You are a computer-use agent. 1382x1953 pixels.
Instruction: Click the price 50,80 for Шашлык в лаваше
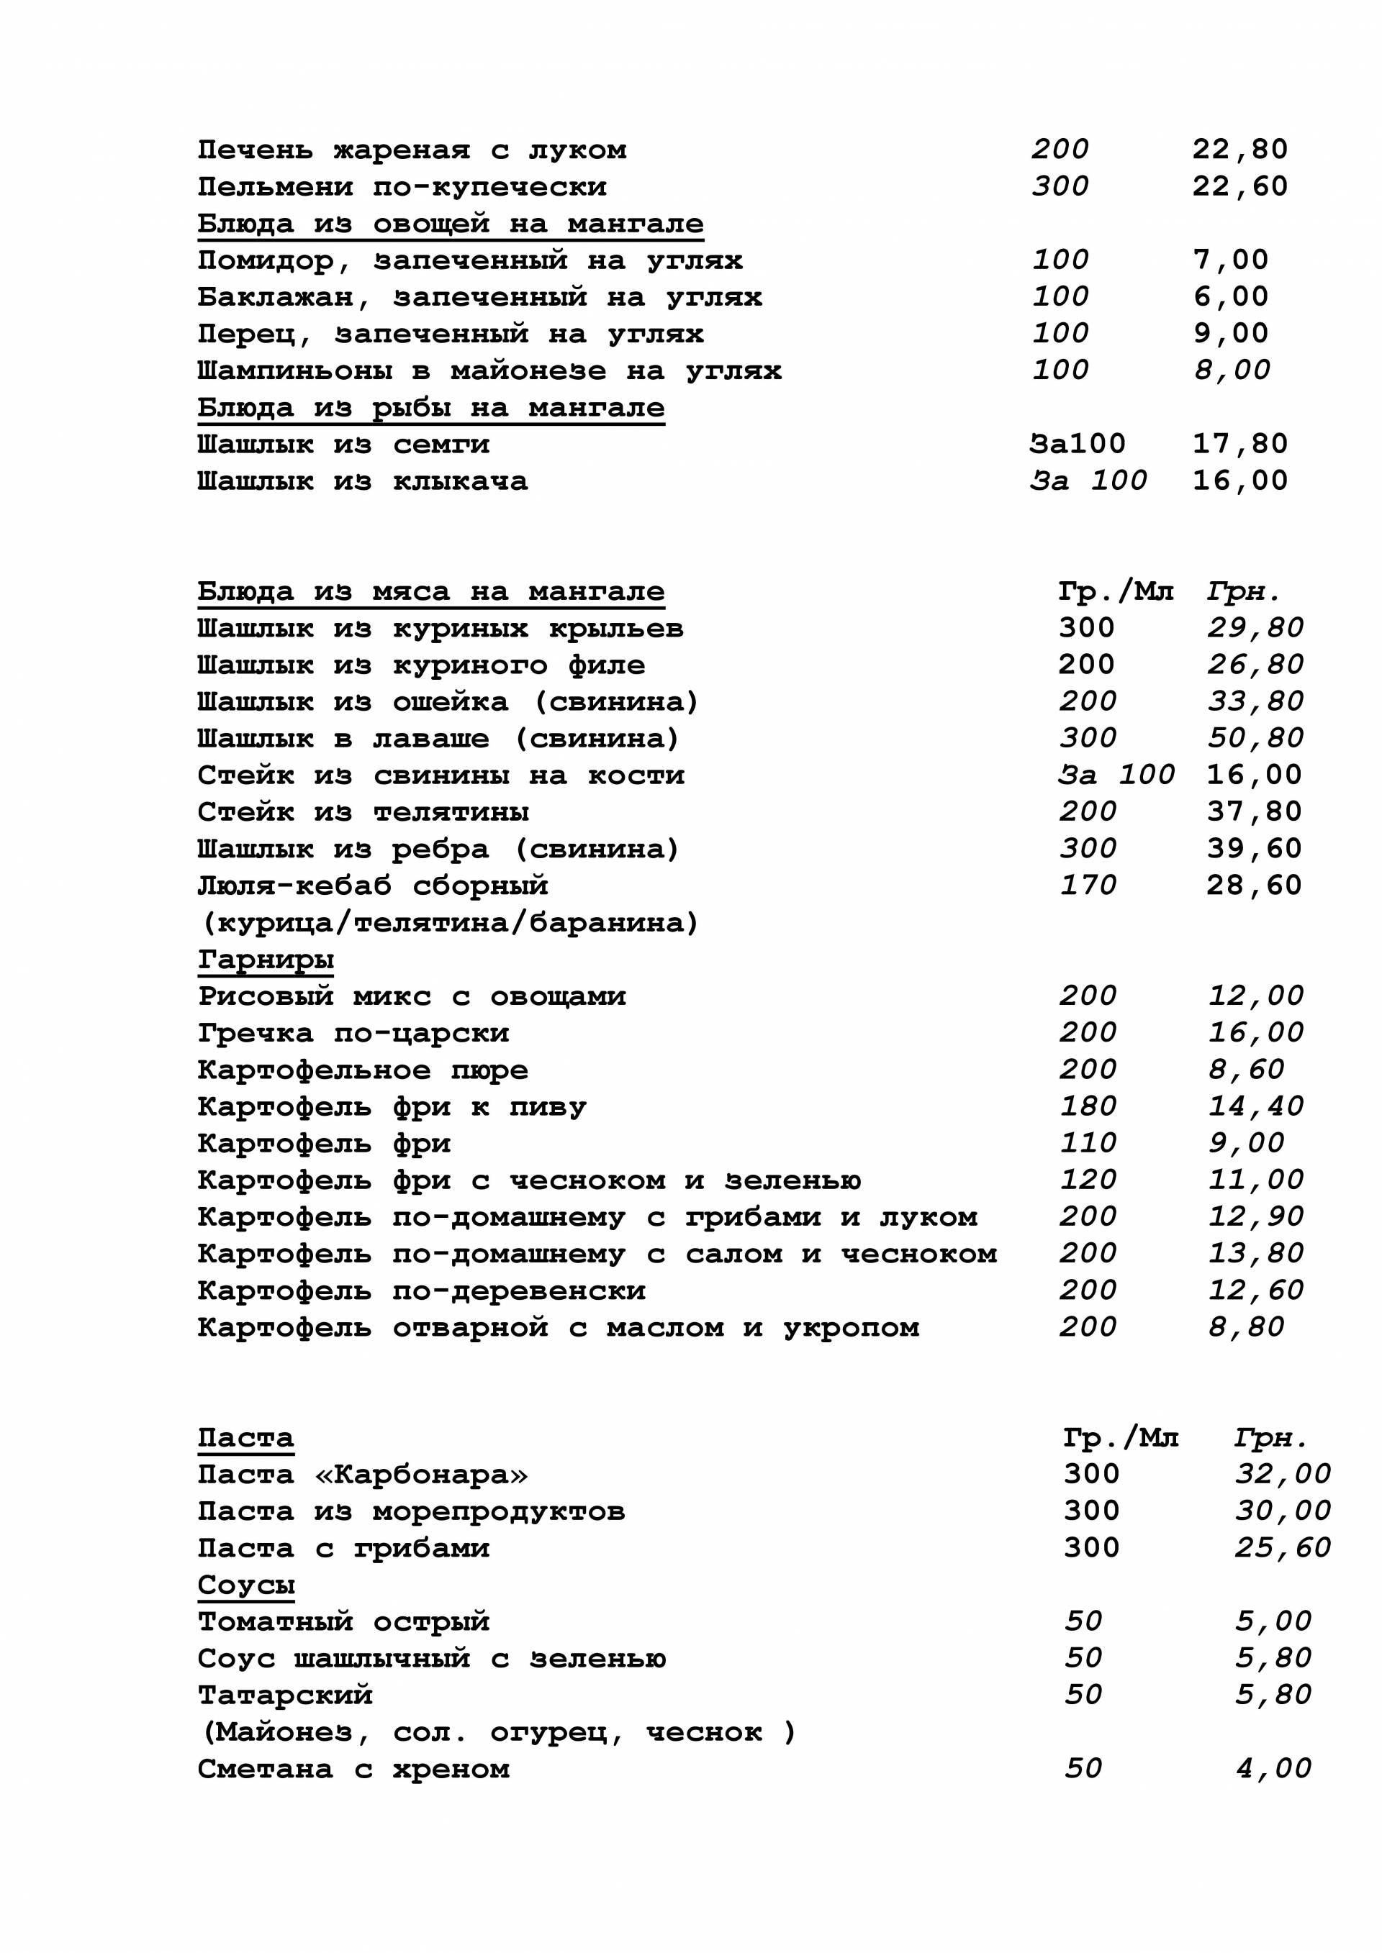click(1255, 738)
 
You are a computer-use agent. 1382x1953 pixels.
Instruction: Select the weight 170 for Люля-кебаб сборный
click(1088, 886)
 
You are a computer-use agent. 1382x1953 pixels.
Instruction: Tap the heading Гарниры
click(266, 960)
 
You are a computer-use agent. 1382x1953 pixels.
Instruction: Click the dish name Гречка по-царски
click(353, 1034)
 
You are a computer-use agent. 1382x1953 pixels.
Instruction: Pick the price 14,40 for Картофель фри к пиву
click(1255, 1106)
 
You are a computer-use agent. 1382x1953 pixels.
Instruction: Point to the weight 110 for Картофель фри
click(1088, 1143)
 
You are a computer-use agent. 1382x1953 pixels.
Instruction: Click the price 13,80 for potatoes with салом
click(1255, 1254)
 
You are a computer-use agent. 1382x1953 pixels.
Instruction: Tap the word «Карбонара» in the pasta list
click(421, 1474)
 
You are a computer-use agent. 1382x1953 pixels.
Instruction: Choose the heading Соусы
click(246, 1585)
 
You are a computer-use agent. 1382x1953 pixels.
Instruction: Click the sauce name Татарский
click(285, 1695)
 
